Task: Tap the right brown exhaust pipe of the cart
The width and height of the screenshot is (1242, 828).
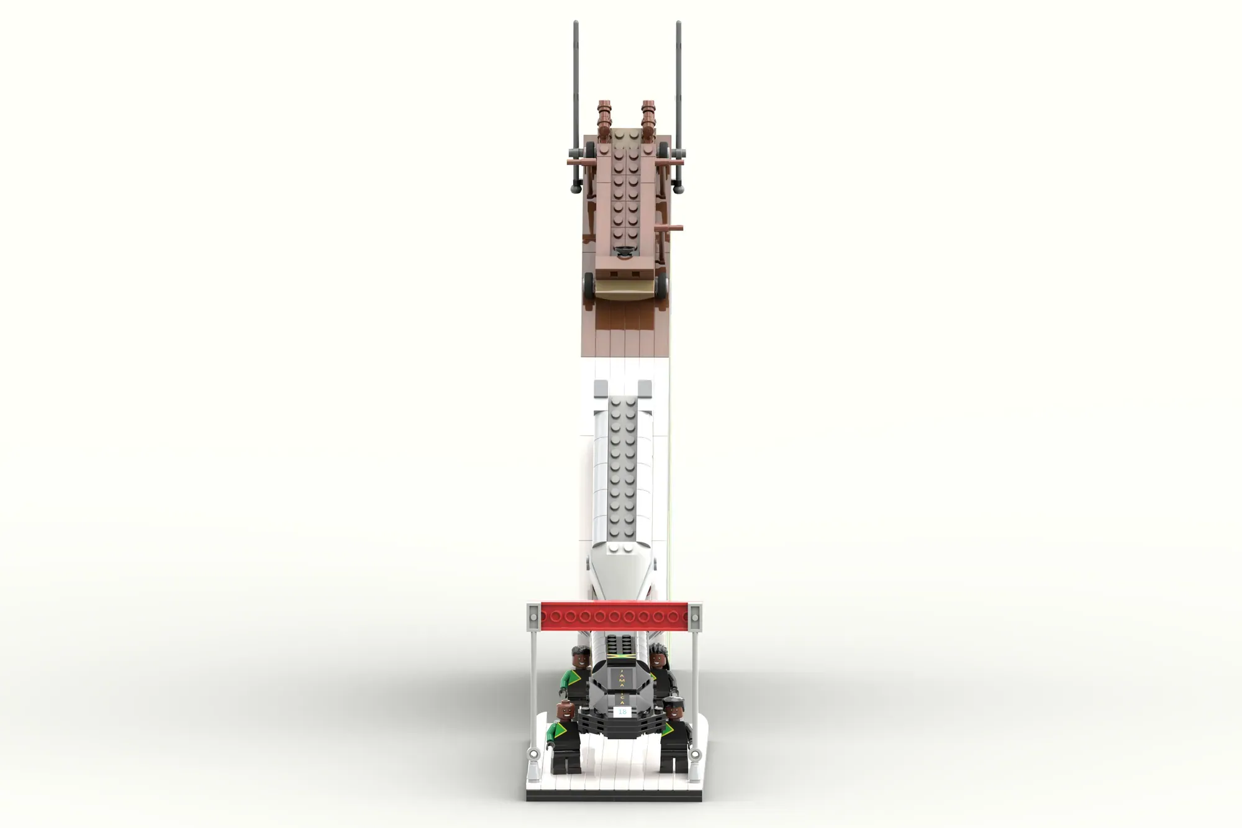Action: [x=649, y=118]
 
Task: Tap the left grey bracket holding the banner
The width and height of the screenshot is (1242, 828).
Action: [x=533, y=616]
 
